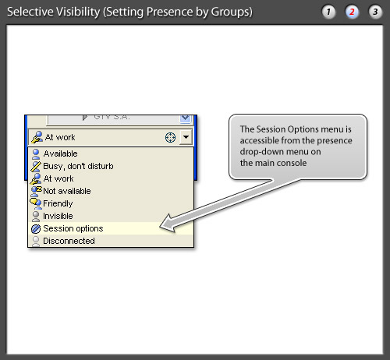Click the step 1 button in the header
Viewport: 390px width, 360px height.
point(328,12)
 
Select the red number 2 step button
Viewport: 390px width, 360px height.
point(352,12)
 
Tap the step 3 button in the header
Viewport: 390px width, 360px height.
point(375,12)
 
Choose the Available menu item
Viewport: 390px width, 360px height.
point(60,154)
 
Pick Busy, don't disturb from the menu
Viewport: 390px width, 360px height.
point(78,166)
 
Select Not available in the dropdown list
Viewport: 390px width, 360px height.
point(67,191)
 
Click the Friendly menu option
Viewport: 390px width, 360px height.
point(58,203)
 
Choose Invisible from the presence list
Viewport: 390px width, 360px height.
point(58,216)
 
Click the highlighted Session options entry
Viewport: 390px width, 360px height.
point(73,228)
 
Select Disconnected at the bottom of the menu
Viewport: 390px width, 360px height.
point(69,241)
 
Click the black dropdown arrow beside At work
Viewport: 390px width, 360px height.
point(186,137)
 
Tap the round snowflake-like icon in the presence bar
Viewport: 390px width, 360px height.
point(171,137)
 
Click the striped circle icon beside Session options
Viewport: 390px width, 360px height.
point(36,229)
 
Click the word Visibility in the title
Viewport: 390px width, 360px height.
point(78,12)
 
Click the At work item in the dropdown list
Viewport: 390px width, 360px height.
point(58,178)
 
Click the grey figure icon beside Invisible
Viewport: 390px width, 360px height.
point(36,216)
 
